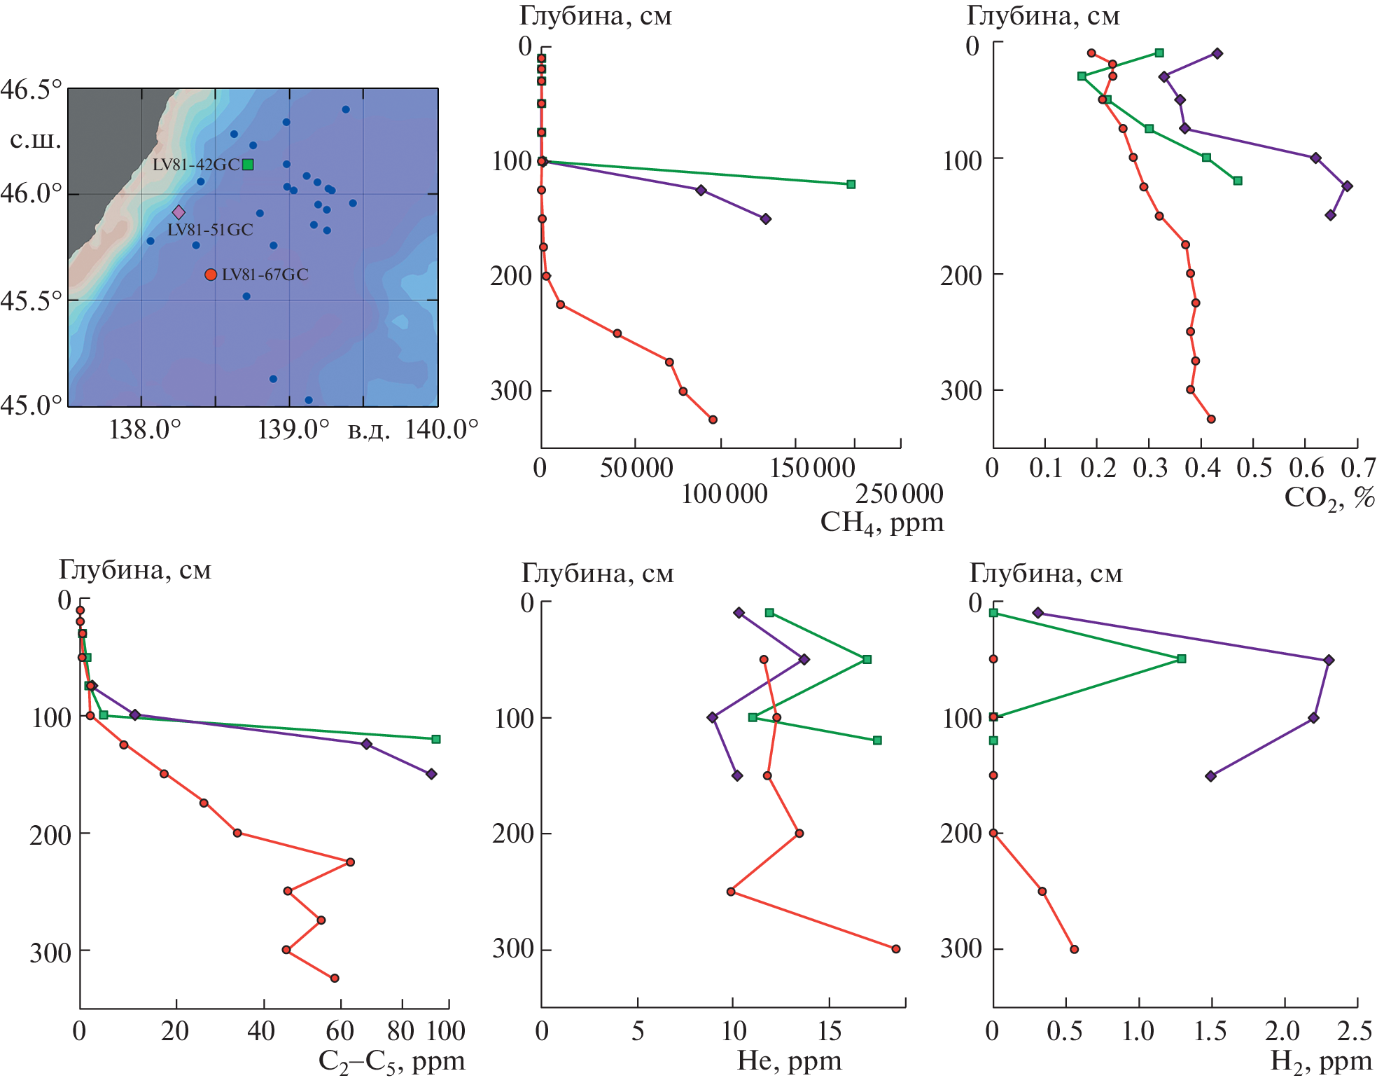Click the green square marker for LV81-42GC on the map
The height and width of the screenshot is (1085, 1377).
[x=248, y=165]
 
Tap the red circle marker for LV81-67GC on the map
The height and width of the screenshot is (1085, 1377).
[x=211, y=275]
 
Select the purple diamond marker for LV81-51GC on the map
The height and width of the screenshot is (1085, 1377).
[x=179, y=212]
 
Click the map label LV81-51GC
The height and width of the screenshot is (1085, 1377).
[x=210, y=230]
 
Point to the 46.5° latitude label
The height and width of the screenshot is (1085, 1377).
[x=31, y=90]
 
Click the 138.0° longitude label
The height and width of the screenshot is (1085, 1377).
[x=145, y=429]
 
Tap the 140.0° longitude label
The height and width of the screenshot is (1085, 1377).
[x=442, y=429]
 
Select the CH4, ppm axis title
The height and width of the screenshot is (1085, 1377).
[x=881, y=523]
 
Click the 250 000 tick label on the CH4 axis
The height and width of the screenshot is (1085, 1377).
[x=899, y=495]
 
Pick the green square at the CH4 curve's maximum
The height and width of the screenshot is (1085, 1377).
[x=851, y=184]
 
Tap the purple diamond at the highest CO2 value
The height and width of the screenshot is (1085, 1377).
[x=1347, y=186]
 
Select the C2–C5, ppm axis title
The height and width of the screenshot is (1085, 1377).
[x=391, y=1062]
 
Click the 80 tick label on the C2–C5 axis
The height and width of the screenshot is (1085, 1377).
[x=401, y=1031]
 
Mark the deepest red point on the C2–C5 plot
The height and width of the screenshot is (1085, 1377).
[x=335, y=978]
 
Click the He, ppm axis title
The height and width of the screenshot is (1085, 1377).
[x=789, y=1060]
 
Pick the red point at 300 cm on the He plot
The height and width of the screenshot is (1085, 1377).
[x=896, y=949]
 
